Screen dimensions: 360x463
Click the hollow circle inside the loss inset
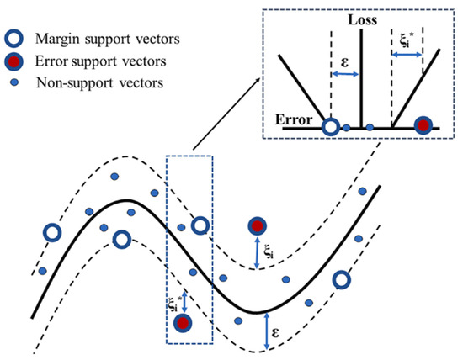coord(332,128)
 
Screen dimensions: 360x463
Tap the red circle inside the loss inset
coord(424,126)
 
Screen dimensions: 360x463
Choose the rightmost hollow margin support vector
coord(342,279)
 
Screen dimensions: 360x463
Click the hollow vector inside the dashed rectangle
coord(200,225)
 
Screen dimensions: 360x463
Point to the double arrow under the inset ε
coord(345,76)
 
